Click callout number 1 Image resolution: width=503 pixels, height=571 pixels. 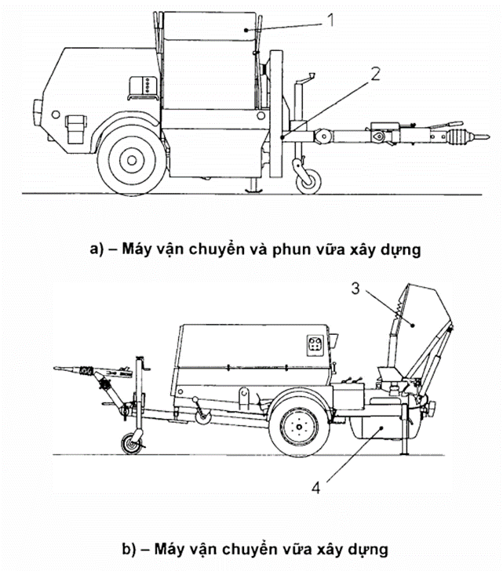330,21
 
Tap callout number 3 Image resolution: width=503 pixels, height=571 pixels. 356,289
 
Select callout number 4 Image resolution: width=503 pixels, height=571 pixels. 316,487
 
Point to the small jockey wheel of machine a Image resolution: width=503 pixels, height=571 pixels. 306,179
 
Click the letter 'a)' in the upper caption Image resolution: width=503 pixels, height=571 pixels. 96,249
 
